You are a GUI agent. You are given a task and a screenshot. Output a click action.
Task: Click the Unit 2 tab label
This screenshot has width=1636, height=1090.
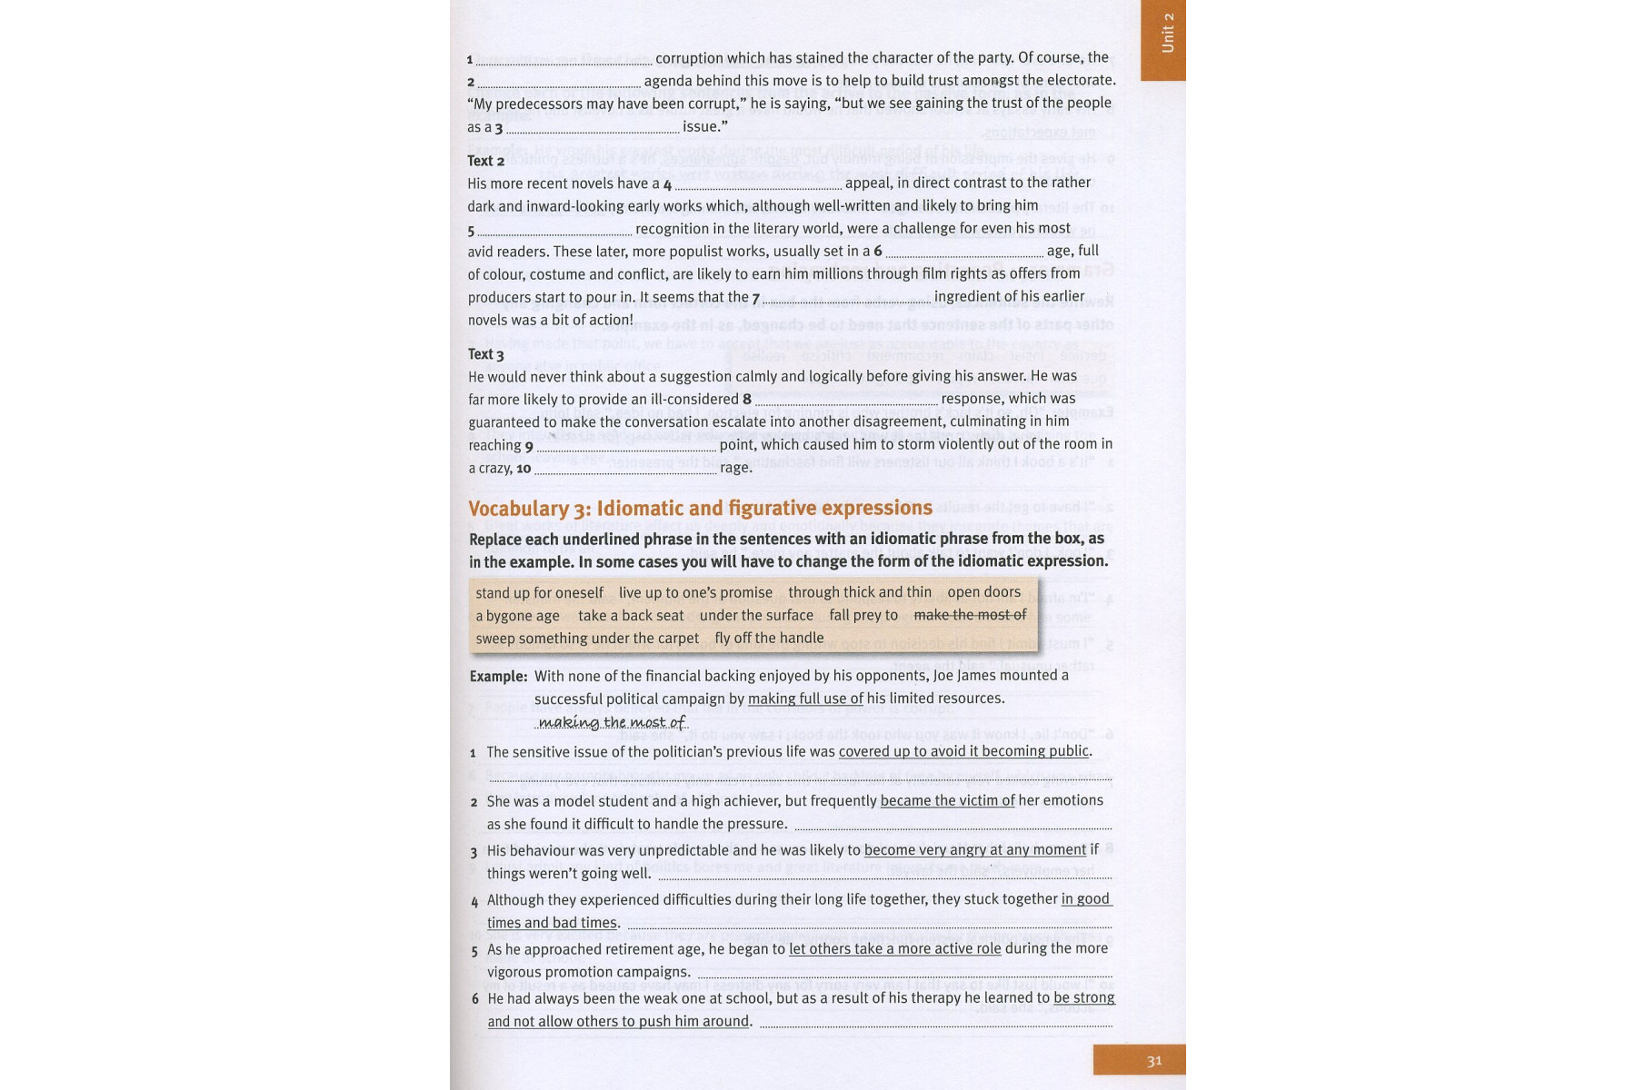[1167, 34]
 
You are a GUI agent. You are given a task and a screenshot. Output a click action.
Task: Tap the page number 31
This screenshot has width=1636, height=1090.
[1154, 1061]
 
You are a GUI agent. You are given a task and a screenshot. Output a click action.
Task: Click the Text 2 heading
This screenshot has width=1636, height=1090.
[485, 161]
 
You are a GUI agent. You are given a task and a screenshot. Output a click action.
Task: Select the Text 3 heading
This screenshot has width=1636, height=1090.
[485, 354]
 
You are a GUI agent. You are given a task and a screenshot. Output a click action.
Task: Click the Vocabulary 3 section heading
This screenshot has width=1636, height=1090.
[700, 509]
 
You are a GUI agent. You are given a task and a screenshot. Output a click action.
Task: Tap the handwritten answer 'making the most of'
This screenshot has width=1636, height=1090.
[612, 722]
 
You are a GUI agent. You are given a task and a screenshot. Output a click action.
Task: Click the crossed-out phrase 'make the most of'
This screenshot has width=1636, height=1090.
[970, 615]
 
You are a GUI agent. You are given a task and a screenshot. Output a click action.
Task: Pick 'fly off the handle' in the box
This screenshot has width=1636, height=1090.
[769, 639]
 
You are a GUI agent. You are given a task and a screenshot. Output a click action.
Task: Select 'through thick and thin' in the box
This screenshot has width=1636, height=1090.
[860, 592]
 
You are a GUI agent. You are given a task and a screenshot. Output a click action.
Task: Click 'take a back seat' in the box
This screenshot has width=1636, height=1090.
[631, 616]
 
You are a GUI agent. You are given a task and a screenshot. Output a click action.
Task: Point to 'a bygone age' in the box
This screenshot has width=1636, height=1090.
[517, 616]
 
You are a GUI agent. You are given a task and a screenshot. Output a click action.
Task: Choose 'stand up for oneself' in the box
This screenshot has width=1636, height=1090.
[539, 593]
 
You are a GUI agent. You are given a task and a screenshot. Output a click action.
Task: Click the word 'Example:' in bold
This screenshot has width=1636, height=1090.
[498, 677]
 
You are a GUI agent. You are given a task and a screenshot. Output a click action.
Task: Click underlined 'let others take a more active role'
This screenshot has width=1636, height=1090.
[894, 949]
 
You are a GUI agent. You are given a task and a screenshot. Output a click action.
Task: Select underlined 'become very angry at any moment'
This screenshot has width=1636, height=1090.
[974, 850]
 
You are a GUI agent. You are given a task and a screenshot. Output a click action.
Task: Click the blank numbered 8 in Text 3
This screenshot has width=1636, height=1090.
[846, 400]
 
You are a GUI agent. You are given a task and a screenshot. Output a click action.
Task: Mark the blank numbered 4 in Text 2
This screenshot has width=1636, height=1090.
[758, 184]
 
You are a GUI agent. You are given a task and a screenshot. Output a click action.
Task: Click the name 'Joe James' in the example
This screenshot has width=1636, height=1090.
[988, 676]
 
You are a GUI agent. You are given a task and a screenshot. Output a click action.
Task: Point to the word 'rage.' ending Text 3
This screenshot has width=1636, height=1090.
[736, 469]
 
